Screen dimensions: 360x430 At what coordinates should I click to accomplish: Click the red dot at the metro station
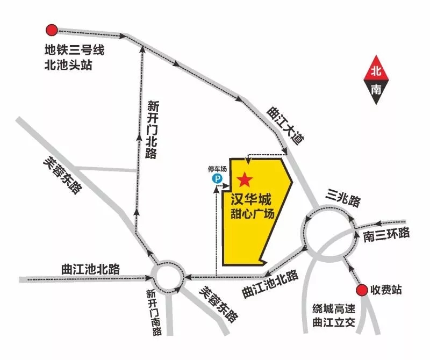(x=52, y=30)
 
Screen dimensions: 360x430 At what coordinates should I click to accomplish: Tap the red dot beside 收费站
(x=362, y=290)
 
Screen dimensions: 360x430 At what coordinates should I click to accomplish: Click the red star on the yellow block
(x=245, y=178)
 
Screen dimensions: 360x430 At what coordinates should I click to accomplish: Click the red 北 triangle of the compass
(x=376, y=70)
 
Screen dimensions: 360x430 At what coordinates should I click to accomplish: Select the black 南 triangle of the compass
(x=376, y=90)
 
